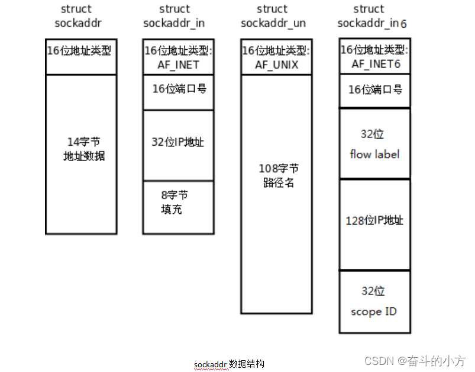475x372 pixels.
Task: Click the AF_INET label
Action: click(177, 65)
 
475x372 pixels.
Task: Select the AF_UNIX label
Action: click(276, 65)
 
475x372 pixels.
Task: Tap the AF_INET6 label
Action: click(375, 63)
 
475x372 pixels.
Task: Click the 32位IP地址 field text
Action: click(177, 142)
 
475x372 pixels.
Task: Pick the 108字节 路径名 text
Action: click(278, 175)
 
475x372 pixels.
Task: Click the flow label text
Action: click(374, 155)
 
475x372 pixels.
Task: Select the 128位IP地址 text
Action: click(374, 220)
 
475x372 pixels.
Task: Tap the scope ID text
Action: click(374, 312)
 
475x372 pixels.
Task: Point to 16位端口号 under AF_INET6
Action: click(375, 89)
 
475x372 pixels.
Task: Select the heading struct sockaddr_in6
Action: click(372, 16)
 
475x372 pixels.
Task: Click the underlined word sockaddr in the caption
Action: click(211, 363)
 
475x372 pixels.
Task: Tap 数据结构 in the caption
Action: click(247, 363)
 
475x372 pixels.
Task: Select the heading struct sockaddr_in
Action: click(175, 16)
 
